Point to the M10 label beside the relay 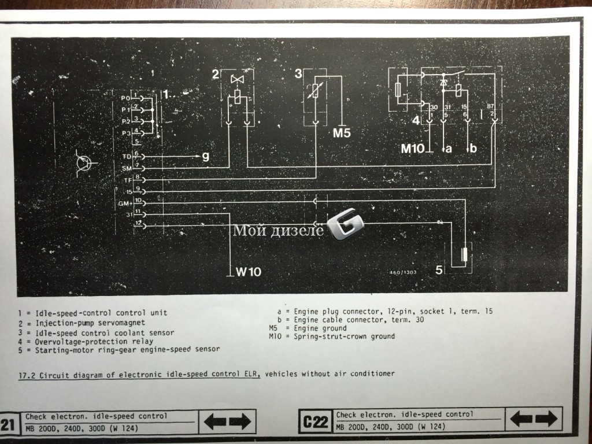coord(413,149)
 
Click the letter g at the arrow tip coord(205,156)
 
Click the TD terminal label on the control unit coord(126,156)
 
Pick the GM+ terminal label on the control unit coord(124,203)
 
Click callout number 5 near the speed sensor coord(439,269)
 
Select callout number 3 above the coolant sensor coord(298,73)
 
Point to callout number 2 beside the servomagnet coord(215,73)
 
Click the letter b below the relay coord(473,149)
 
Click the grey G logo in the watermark coord(346,227)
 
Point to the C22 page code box coord(316,420)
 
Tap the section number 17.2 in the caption coord(27,374)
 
